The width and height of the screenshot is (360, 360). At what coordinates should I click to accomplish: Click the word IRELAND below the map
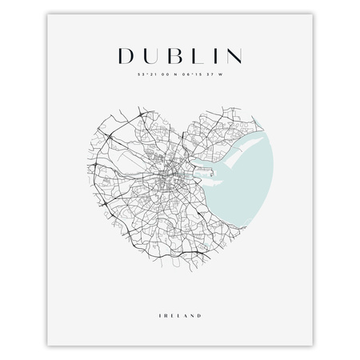179,293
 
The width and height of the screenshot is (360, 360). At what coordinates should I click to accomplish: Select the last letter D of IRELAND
198,293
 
